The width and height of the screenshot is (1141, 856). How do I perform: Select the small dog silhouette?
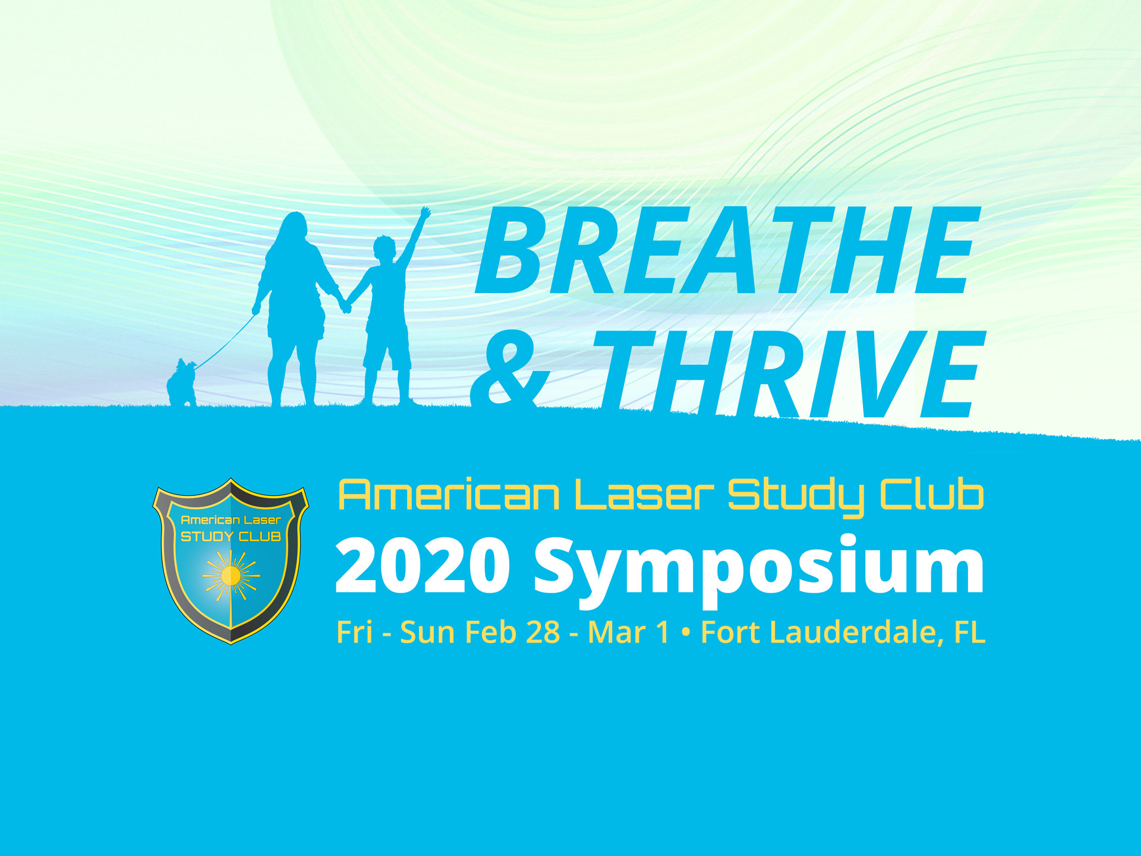coord(182,383)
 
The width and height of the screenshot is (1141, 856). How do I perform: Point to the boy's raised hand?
coord(425,212)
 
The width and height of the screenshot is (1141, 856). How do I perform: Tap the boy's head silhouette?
coord(384,249)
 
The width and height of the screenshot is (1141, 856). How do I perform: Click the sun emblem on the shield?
coord(231,575)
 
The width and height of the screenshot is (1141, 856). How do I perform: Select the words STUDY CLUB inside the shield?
coord(231,537)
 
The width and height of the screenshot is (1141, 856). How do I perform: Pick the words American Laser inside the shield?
coord(231,520)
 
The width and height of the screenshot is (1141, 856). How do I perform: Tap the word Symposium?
coord(759,571)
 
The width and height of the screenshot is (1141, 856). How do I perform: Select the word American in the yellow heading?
coord(449,495)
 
